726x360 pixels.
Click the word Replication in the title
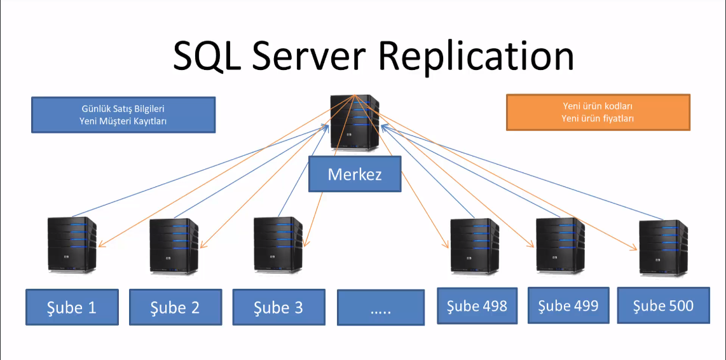(477, 57)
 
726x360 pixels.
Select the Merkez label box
(355, 174)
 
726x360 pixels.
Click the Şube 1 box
(72, 308)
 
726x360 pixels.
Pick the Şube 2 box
(175, 308)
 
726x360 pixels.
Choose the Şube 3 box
(278, 308)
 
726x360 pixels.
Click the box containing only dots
(381, 309)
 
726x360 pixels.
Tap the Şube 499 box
(568, 306)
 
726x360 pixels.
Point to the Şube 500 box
(663, 306)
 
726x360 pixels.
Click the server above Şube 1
(72, 245)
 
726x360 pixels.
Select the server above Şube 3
(277, 245)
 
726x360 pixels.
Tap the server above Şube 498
(474, 246)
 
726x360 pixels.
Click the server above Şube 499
(560, 246)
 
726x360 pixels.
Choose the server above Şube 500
(663, 247)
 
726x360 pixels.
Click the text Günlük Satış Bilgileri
(123, 109)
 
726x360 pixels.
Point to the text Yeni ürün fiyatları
(598, 118)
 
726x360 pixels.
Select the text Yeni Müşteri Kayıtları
(123, 120)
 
